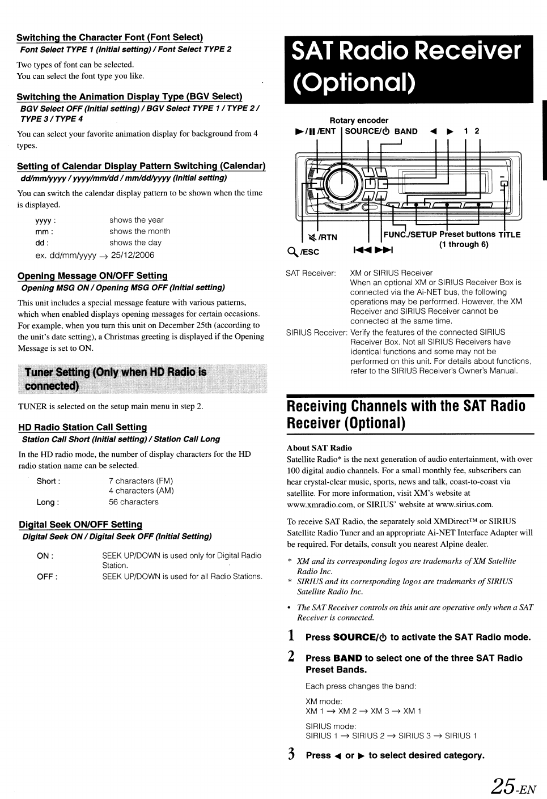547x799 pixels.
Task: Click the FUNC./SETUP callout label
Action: coord(410,234)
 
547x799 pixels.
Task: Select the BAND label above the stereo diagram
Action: coord(406,131)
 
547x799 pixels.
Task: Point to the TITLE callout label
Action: coord(509,234)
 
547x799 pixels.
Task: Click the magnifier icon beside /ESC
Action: coord(293,250)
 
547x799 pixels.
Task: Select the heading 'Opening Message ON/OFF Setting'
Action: coord(92,276)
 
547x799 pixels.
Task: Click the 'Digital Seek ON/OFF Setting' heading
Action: coord(80,525)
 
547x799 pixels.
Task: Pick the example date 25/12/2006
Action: coord(133,255)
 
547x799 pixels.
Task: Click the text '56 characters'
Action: coord(134,502)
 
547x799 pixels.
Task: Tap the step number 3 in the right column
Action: coord(291,754)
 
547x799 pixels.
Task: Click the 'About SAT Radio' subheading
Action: coord(319,448)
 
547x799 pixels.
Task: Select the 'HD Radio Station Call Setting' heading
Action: coord(83,427)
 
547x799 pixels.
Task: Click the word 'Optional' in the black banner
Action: coord(355,83)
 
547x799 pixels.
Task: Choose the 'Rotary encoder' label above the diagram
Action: coord(359,120)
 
